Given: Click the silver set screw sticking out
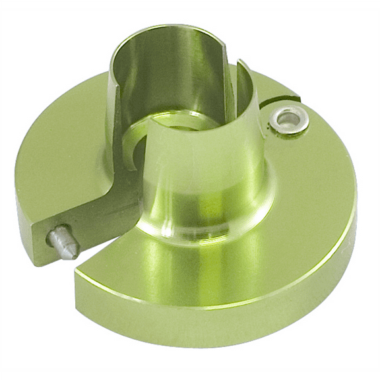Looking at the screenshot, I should click(63, 240).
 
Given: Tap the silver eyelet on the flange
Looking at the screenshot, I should click(288, 119).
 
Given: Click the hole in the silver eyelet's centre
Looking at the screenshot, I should click(288, 119).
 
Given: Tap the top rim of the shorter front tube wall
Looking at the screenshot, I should click(198, 112).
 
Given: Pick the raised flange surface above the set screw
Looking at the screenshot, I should click(59, 158).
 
